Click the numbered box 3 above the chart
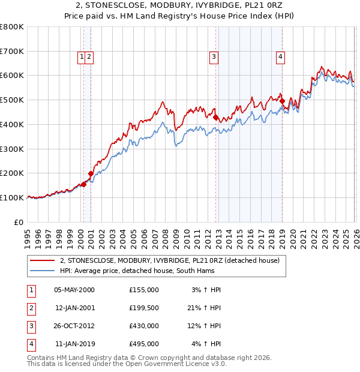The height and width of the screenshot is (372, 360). pos(214,57)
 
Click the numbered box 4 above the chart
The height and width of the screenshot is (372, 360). pos(280,57)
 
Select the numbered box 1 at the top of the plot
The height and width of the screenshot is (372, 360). pos(81,57)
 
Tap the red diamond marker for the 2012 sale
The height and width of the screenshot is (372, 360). pos(215,118)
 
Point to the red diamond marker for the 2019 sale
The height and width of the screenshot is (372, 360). pos(281,102)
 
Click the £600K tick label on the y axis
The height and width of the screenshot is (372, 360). pos(12,76)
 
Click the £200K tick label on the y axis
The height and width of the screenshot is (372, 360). pos(12,173)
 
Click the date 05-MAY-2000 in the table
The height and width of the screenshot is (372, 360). pos(74,290)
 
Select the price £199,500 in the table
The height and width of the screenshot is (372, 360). pos(144,308)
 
